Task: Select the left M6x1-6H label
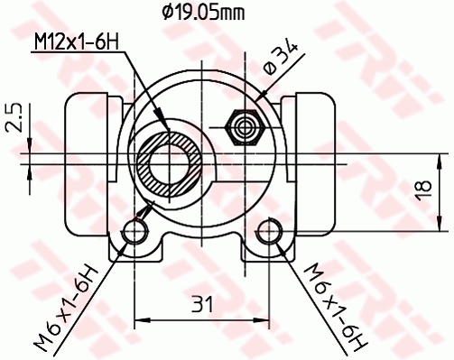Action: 68,306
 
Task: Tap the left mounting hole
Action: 135,234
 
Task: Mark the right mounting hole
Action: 269,234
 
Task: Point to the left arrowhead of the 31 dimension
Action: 141,318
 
